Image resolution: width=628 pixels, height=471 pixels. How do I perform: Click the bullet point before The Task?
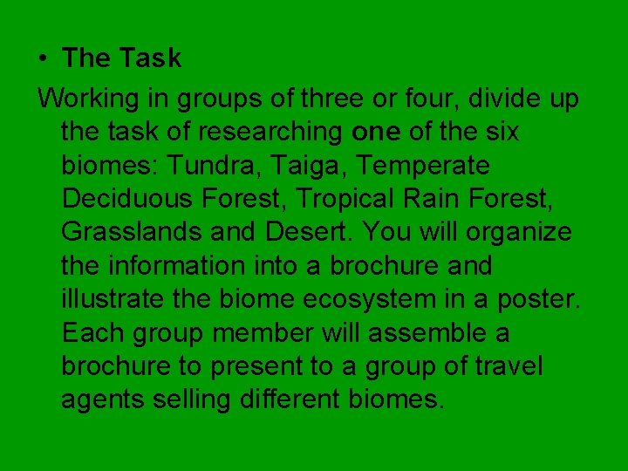click(x=43, y=58)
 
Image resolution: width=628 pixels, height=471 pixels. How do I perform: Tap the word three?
click(x=332, y=99)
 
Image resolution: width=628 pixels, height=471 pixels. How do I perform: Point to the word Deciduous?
click(x=127, y=198)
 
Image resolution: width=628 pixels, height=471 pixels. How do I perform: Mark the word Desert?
click(x=304, y=232)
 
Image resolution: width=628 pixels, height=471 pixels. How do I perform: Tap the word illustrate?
click(x=111, y=298)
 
